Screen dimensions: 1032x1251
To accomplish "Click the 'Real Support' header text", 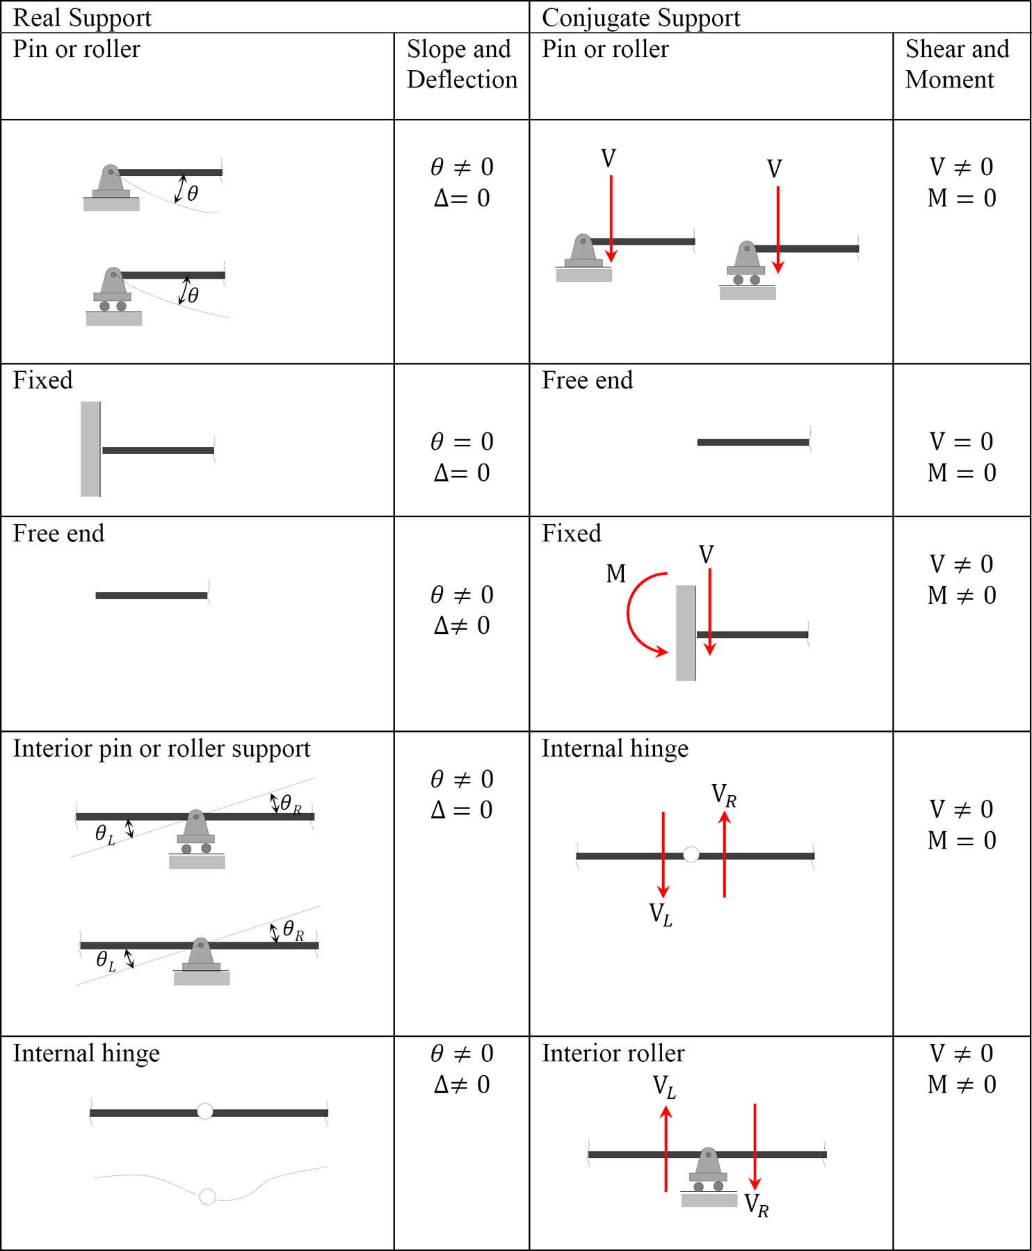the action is [82, 18].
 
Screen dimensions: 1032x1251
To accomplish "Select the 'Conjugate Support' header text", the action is [640, 18].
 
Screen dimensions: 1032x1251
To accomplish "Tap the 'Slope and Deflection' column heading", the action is [462, 64].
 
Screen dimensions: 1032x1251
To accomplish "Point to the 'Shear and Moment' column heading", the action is [957, 64].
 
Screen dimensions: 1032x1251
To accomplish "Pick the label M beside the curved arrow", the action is [616, 573].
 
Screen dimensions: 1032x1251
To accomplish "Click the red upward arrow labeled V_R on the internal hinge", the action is [725, 854].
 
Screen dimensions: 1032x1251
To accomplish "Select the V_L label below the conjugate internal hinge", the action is [661, 914].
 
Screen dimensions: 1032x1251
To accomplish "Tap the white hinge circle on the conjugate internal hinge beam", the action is [691, 855].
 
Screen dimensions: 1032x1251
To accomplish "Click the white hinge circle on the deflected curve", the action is [207, 1197].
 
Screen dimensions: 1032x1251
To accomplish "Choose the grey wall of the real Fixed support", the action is [90, 449].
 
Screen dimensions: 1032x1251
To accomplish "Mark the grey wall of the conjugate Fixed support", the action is [686, 633].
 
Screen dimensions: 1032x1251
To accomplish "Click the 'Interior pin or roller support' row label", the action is [161, 749].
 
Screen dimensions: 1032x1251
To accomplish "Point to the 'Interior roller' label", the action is [613, 1054].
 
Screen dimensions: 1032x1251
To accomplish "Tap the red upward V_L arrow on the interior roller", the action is [666, 1149].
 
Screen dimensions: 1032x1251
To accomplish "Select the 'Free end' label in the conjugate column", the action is [587, 381].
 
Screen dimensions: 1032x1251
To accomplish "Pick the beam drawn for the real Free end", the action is [152, 596].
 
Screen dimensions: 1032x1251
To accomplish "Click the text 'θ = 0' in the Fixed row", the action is [462, 441].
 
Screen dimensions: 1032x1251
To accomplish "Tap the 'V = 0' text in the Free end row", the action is [962, 441].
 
